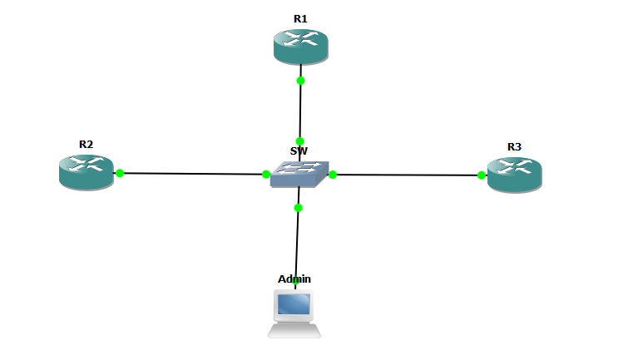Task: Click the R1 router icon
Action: [300, 46]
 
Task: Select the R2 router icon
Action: [86, 171]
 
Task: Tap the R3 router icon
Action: [514, 174]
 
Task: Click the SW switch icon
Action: [299, 172]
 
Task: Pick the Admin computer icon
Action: [294, 313]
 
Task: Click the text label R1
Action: [300, 18]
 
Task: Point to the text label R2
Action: [86, 144]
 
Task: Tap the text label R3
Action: [514, 147]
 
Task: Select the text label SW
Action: [299, 151]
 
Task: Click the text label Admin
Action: [294, 279]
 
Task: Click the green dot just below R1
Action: [300, 81]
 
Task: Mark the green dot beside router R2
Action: [120, 173]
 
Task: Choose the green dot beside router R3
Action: [482, 175]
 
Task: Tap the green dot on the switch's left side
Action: [266, 174]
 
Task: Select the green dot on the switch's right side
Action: [333, 175]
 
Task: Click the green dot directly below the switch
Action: [298, 208]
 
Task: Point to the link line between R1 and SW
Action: [300, 111]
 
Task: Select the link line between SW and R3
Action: [408, 175]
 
